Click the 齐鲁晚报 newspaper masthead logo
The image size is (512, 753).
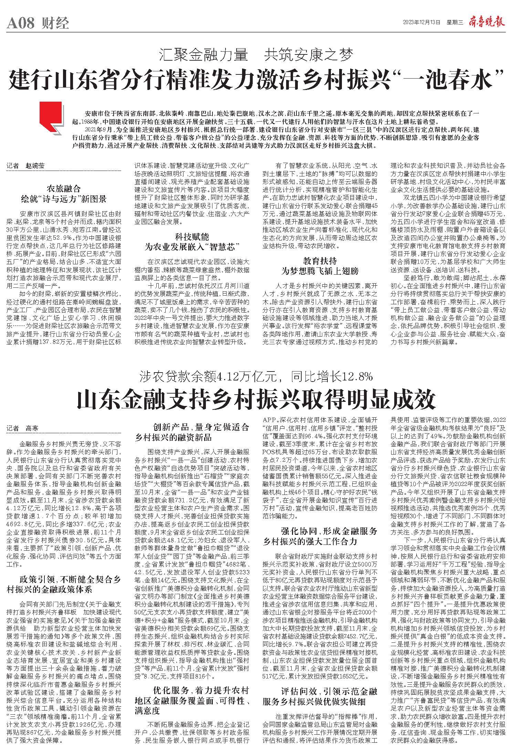(486, 22)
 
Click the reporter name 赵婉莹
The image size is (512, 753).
(35, 165)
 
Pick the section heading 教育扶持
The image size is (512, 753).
(320, 261)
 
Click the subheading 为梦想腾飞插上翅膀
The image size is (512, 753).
(320, 271)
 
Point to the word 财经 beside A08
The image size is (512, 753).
(56, 24)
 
